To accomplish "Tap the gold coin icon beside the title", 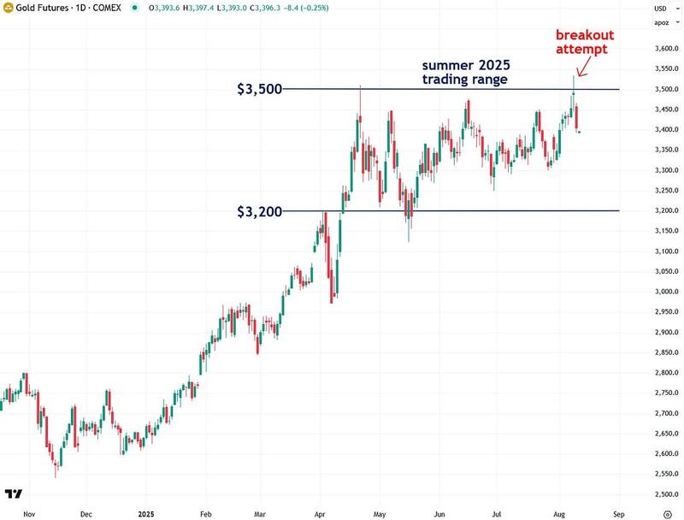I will (x=8, y=9).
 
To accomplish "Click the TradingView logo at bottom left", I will (x=13, y=493).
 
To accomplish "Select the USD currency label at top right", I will (x=660, y=9).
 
